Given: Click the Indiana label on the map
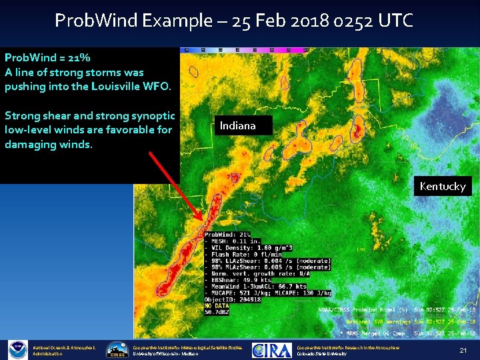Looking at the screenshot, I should point(238,125).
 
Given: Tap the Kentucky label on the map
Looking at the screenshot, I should point(442,187).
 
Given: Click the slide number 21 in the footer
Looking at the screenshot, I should point(462,350).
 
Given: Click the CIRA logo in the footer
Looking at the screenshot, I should point(274,350).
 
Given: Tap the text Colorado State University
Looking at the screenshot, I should point(321,354).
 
